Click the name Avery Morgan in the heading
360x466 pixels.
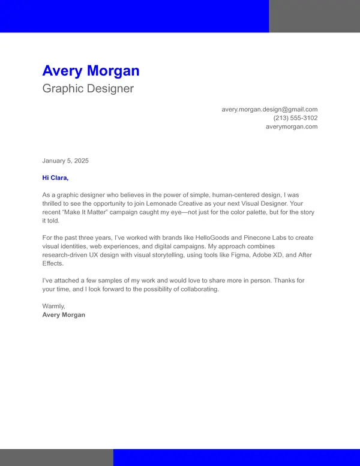coord(91,71)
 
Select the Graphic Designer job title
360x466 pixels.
coord(88,89)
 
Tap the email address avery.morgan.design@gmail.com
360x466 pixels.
coord(269,109)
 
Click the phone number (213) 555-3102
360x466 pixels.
coord(295,118)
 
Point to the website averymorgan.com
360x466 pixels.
coord(292,127)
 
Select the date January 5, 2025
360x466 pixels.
coord(65,161)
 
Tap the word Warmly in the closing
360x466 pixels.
coord(53,306)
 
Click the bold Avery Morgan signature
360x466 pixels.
coord(64,315)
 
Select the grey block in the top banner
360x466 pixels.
coord(314,16)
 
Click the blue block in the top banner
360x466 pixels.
coord(134,16)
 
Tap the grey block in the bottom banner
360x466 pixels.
coord(56,457)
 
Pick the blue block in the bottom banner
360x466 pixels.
coord(236,457)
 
